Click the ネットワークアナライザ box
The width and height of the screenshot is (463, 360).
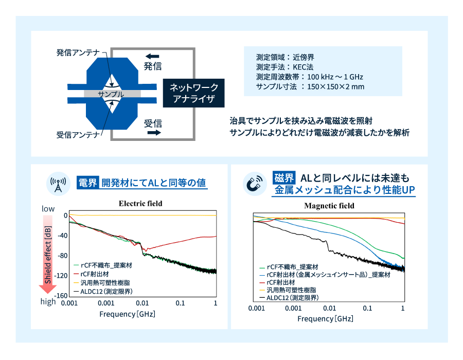(x=194, y=93)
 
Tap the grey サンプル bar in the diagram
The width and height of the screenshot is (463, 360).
(x=112, y=94)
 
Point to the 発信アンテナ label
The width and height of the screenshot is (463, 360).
(x=78, y=52)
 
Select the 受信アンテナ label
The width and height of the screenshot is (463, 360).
(x=78, y=135)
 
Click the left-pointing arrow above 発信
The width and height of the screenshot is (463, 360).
(x=152, y=56)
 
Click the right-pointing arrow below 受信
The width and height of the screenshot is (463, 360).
(x=154, y=133)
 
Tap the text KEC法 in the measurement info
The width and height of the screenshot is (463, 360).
(x=303, y=67)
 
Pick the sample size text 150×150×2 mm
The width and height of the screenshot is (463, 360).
(x=336, y=86)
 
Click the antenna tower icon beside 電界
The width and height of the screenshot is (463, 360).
(x=58, y=184)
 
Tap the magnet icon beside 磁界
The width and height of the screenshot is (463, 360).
(x=255, y=184)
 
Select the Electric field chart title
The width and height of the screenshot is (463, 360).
(x=140, y=203)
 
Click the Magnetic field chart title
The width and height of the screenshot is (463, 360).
(x=329, y=206)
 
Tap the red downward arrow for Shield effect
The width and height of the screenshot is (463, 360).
(x=47, y=254)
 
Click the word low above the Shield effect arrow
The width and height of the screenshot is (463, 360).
(x=48, y=209)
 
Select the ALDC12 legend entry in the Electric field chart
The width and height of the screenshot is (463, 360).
(x=103, y=292)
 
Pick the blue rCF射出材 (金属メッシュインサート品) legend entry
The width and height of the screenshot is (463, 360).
(x=325, y=275)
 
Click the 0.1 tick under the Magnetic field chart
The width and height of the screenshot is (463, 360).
(x=367, y=309)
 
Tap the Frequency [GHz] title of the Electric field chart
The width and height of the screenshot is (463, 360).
(x=127, y=314)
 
